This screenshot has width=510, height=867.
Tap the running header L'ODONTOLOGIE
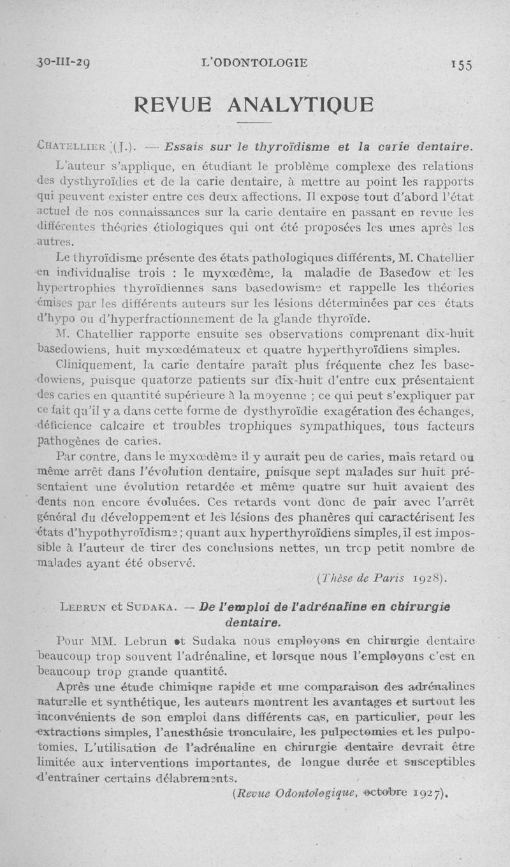[254, 63]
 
